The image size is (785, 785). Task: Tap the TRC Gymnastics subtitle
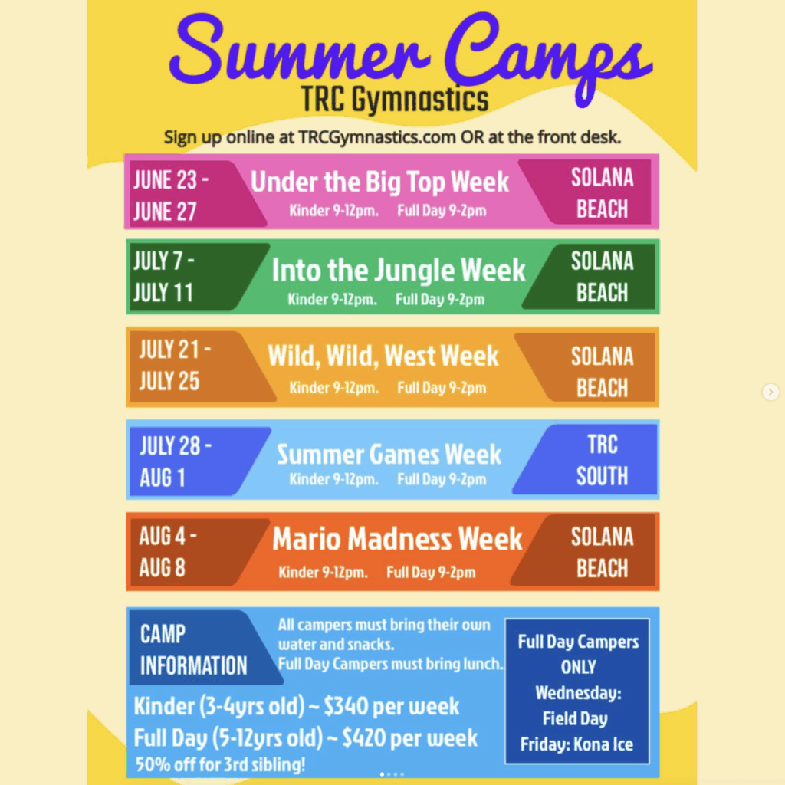(395, 100)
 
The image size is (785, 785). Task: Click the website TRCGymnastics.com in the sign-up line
(377, 137)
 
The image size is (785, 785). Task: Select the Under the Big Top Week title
(379, 181)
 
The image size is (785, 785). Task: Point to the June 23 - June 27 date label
(170, 195)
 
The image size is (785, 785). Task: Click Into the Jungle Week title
(399, 271)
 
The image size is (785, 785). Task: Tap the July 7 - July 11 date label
(164, 277)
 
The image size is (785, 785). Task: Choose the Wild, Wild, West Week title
(383, 356)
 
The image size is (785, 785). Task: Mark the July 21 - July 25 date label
(175, 365)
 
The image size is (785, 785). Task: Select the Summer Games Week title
(389, 454)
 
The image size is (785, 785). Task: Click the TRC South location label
(603, 460)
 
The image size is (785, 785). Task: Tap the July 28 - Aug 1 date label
(176, 461)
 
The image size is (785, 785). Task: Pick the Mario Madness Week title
(398, 539)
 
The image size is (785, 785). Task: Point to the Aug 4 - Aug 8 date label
(168, 552)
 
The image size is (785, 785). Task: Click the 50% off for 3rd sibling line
(220, 764)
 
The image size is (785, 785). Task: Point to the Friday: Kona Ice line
(576, 744)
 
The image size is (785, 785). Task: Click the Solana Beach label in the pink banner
(603, 193)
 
